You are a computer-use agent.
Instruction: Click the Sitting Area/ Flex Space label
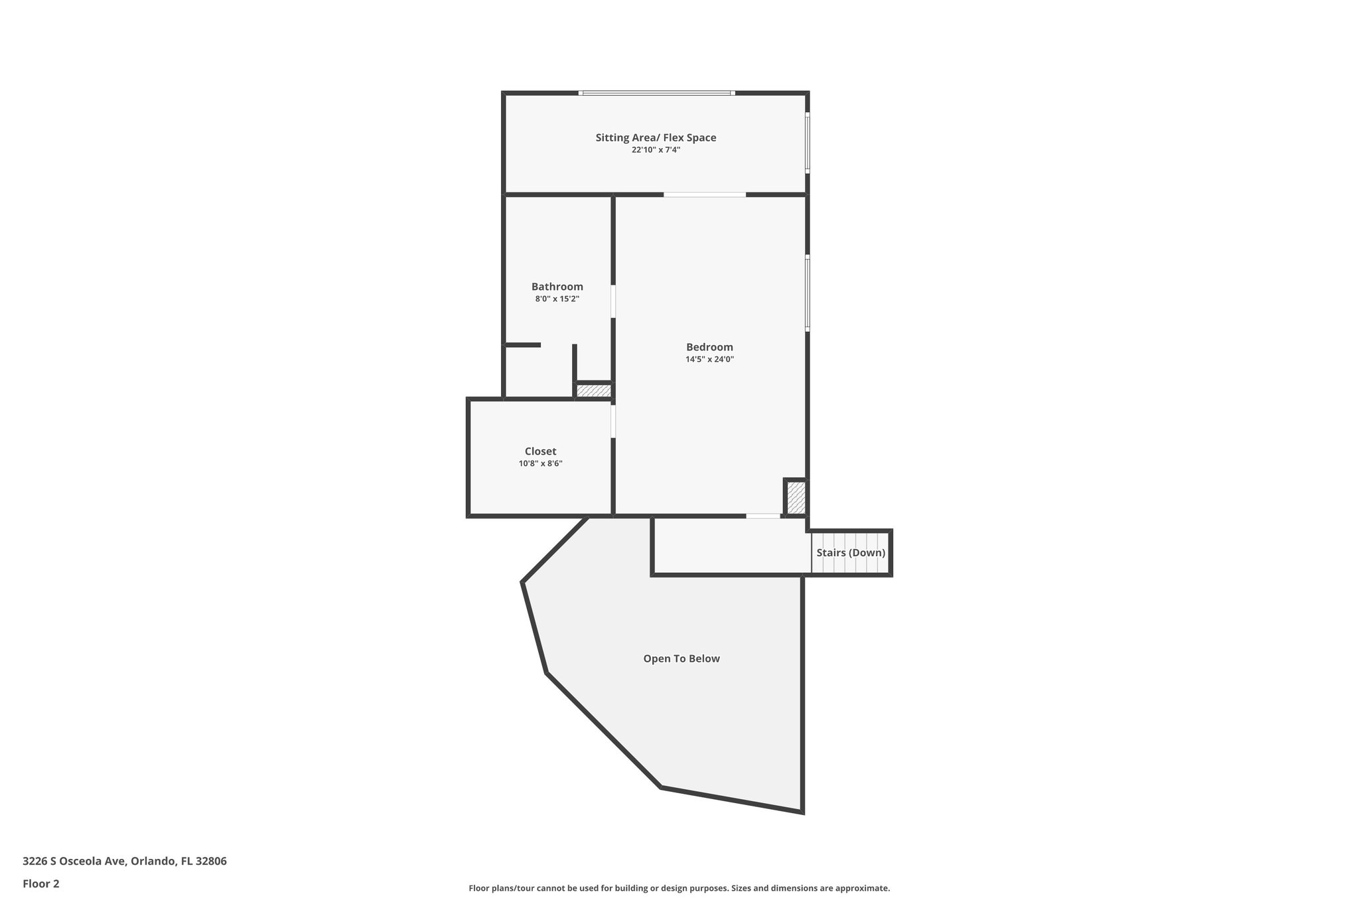point(656,138)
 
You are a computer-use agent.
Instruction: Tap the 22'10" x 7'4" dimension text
point(656,150)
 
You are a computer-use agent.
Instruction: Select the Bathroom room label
point(557,287)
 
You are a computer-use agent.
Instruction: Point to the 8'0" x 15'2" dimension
point(557,299)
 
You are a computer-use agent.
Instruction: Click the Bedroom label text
point(709,347)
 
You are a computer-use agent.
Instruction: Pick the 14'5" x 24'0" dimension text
point(709,360)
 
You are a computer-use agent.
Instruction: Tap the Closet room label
point(540,451)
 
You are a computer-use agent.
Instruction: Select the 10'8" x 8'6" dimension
point(540,464)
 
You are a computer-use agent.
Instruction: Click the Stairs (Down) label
point(851,553)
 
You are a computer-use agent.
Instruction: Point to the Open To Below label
point(681,659)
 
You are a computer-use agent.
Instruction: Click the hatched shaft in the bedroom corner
point(796,497)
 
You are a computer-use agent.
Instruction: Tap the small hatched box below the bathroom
point(593,391)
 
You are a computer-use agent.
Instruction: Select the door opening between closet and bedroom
point(613,421)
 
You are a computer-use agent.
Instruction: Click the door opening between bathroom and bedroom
point(613,301)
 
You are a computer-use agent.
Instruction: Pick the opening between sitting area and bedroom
point(705,194)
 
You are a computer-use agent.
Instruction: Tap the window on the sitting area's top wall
point(656,93)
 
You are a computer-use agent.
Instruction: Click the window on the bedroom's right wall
point(808,293)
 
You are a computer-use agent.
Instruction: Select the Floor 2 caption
point(41,883)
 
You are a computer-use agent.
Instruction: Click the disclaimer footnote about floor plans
point(679,888)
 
